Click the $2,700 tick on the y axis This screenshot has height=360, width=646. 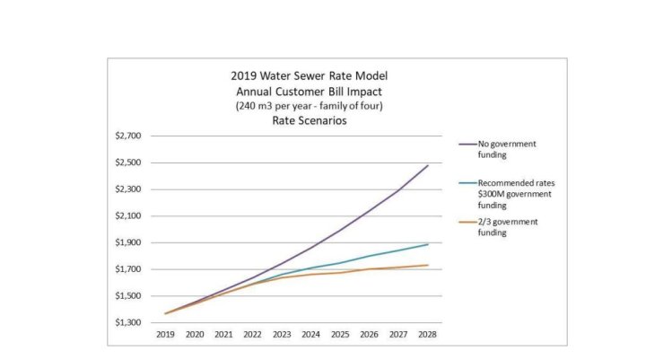(128, 136)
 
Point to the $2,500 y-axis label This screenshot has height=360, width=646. (128, 162)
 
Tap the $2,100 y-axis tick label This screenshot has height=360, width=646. (128, 215)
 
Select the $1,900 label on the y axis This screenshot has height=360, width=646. (128, 242)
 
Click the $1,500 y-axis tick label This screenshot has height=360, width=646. (128, 295)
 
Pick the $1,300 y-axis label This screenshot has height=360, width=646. (128, 322)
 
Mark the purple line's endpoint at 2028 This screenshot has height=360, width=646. (428, 165)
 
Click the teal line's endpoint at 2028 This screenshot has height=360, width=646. (428, 244)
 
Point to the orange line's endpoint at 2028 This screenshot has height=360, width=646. (428, 265)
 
